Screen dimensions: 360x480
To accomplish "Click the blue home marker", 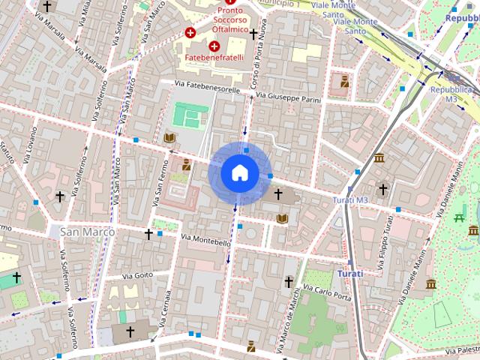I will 239,172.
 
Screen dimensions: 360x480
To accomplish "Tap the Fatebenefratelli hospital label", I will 215,57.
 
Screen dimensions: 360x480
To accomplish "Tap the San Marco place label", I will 88,232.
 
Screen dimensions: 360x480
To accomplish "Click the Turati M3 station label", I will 351,200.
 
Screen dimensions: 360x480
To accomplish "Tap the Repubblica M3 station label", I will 450,93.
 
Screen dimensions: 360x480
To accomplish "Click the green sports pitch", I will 188,115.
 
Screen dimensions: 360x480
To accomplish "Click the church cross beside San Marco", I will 148,234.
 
